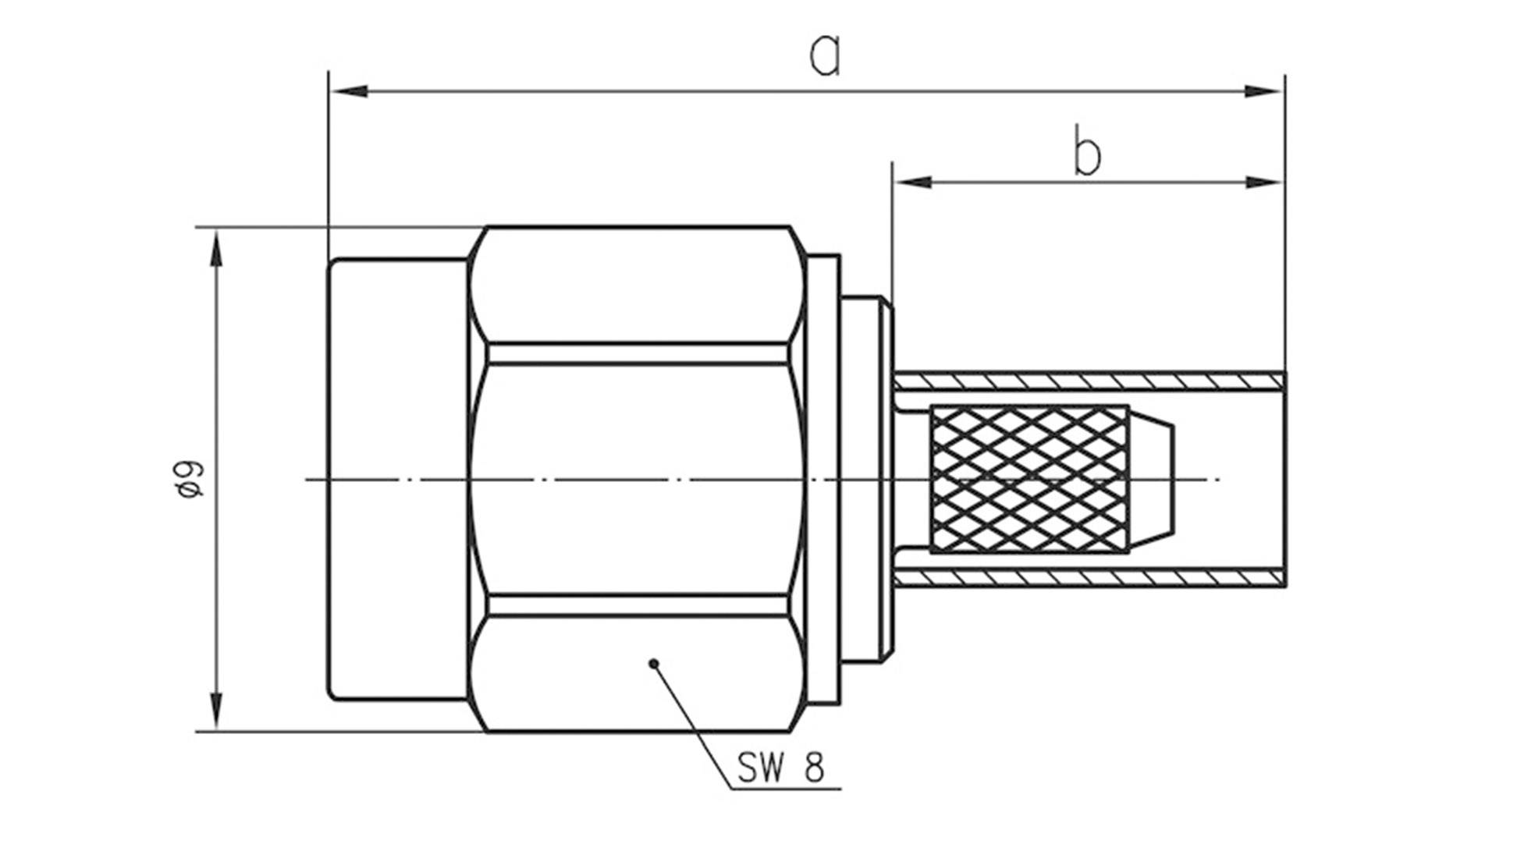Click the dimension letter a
coord(825,56)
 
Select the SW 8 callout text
coord(780,768)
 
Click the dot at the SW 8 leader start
coord(654,664)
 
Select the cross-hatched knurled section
coord(1029,479)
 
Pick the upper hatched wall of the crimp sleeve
coord(1089,381)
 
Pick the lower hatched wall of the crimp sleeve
coord(1089,578)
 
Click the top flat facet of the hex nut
coord(636,285)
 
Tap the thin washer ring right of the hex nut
coord(824,479)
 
